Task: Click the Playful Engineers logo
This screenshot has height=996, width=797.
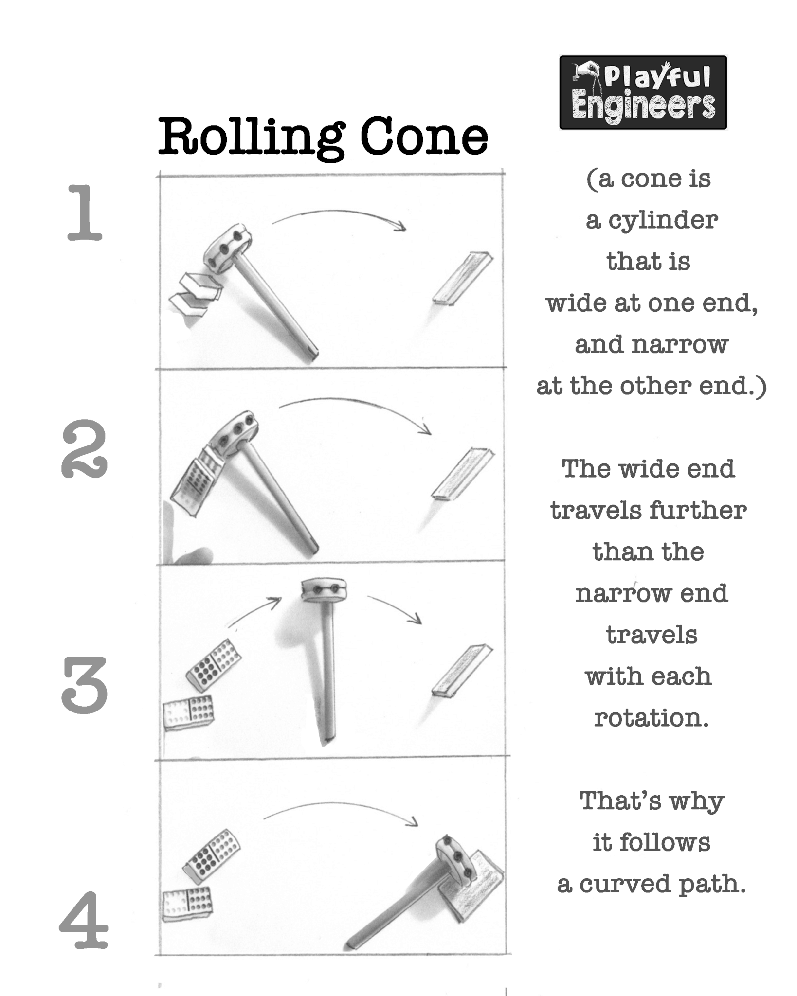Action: pos(643,92)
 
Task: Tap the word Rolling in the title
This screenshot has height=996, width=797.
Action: pos(252,139)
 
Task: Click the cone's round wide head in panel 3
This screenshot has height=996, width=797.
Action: pos(324,590)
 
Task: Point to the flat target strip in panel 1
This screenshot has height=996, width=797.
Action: pos(463,278)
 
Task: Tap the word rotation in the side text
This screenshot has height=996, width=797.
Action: pos(651,718)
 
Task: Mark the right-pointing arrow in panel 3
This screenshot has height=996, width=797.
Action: pos(394,608)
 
